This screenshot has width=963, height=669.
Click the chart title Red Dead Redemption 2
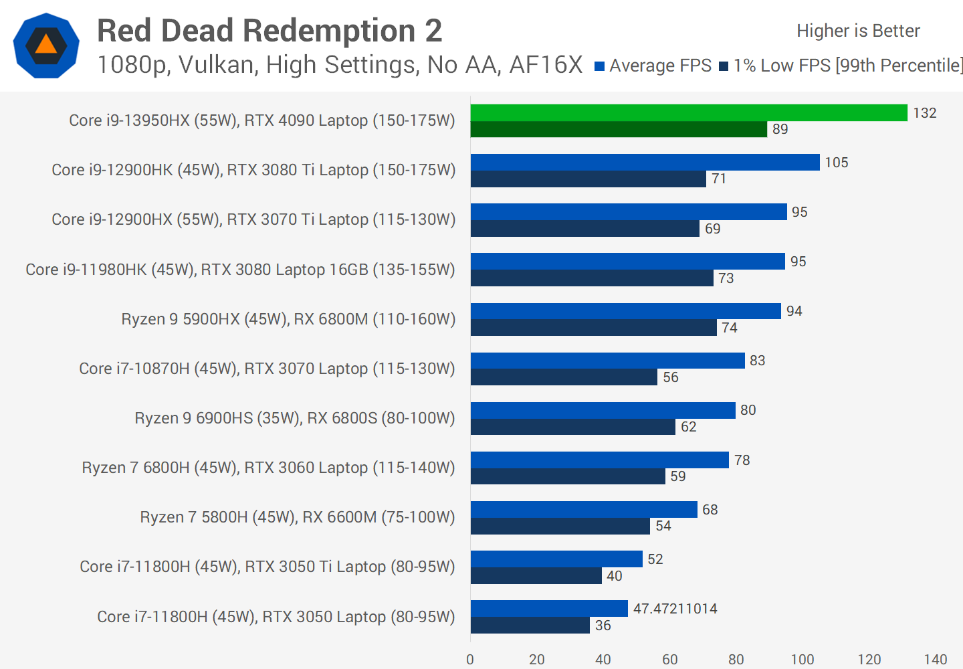click(x=270, y=31)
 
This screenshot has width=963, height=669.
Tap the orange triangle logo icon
click(x=46, y=45)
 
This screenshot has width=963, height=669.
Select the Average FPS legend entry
click(x=653, y=66)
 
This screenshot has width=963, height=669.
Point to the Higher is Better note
click(x=858, y=31)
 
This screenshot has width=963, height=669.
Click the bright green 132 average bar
click(x=689, y=112)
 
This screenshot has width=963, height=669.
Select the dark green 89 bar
click(x=619, y=129)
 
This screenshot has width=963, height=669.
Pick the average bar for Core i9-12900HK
click(x=645, y=162)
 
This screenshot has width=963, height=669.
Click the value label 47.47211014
click(x=675, y=609)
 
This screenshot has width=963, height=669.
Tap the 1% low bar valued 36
click(x=530, y=626)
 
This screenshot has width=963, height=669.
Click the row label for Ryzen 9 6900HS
click(x=294, y=418)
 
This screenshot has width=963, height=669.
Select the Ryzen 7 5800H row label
click(x=297, y=517)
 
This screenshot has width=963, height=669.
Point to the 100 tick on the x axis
click(x=802, y=660)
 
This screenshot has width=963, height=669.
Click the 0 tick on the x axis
click(x=470, y=660)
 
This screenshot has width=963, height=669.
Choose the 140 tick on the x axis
click(x=935, y=660)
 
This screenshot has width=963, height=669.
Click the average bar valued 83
click(x=607, y=361)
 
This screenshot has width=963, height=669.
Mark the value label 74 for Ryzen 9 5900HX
click(x=729, y=328)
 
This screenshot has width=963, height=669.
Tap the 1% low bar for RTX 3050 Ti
click(x=536, y=576)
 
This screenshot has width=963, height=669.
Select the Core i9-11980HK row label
click(x=240, y=270)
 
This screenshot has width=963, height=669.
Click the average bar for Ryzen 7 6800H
click(x=599, y=460)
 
